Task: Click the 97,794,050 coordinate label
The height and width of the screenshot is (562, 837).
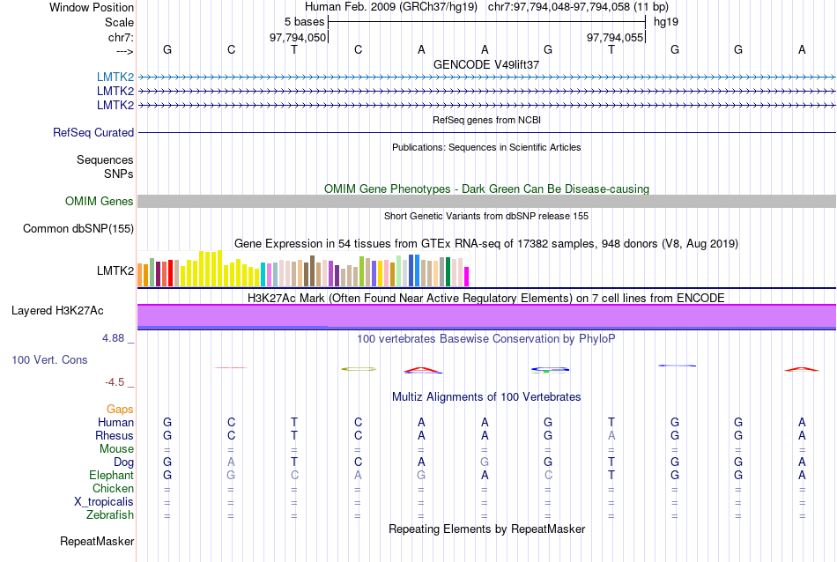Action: tap(298, 37)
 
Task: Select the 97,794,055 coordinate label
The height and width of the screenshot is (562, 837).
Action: tap(615, 37)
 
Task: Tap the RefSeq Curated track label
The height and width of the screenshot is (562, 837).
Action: tap(93, 132)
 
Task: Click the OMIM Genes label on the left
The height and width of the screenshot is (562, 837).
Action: tap(100, 202)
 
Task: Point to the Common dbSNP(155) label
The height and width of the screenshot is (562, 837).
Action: tap(78, 229)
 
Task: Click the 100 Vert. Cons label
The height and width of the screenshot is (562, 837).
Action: tap(49, 360)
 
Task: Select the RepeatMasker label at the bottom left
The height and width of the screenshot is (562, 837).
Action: tap(97, 541)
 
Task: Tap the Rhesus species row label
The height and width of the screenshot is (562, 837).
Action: tap(115, 436)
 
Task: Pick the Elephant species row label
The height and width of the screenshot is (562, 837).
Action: tap(111, 476)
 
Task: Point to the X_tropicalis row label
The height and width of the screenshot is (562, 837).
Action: tap(104, 502)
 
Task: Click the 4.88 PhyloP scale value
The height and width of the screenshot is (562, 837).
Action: tap(115, 337)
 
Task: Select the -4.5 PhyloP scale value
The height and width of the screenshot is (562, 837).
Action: tap(115, 382)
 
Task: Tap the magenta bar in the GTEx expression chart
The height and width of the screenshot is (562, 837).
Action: tap(467, 276)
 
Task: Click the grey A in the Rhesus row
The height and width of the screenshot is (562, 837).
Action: tap(611, 436)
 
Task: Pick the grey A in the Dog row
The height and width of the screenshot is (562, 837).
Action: tap(231, 462)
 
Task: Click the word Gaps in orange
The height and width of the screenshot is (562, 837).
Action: tap(120, 410)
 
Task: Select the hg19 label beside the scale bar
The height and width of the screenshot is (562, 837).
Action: tap(665, 21)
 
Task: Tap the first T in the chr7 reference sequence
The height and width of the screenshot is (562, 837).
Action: tap(294, 50)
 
